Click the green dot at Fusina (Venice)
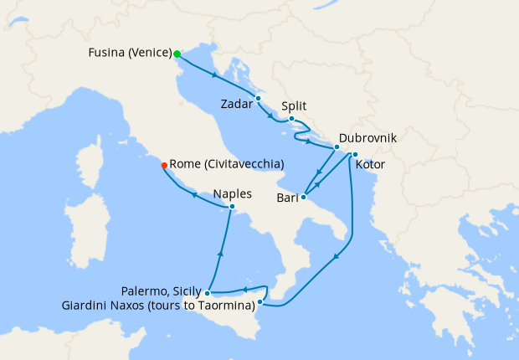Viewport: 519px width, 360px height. (177, 54)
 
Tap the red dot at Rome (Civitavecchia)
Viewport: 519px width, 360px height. (164, 165)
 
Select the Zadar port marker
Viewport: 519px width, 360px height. (258, 98)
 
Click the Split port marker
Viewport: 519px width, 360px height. (291, 119)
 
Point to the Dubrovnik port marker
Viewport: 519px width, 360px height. (337, 147)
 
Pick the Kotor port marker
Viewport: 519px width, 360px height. (355, 154)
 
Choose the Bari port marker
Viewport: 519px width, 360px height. (303, 198)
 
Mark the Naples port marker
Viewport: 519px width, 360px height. (232, 207)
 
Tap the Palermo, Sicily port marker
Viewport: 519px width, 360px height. (207, 293)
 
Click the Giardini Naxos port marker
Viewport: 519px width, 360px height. (260, 301)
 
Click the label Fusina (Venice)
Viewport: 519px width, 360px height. (129, 54)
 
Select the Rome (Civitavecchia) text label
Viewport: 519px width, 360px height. (227, 164)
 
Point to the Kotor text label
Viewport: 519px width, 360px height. (370, 164)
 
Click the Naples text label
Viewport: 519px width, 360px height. (233, 192)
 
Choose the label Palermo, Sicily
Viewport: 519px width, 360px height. (162, 292)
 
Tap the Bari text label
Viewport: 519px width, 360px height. (287, 198)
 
